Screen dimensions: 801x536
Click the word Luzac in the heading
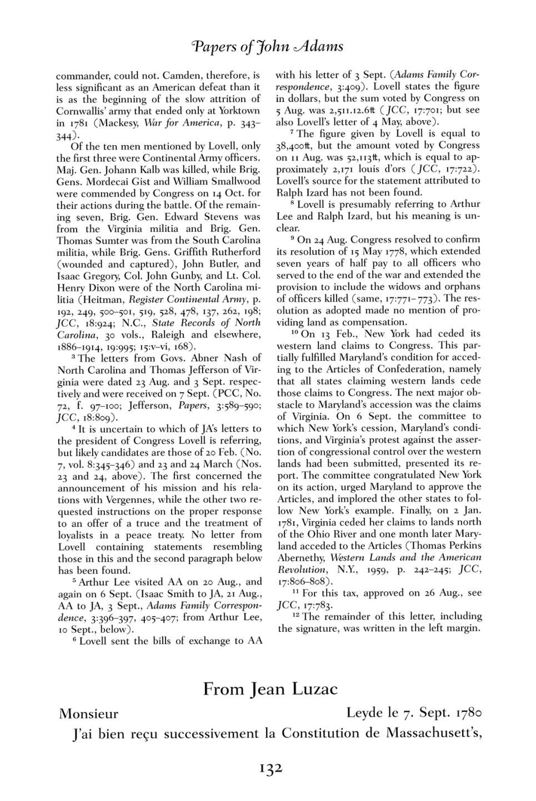click(312, 689)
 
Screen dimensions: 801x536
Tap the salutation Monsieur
click(88, 714)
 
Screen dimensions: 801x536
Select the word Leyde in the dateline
click(364, 713)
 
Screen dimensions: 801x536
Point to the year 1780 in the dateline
click(463, 713)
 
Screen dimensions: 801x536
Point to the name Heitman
click(103, 299)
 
